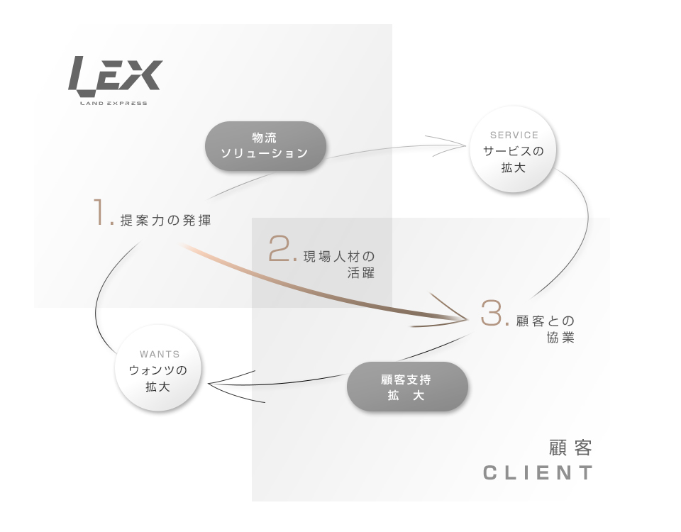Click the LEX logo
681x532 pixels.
115,77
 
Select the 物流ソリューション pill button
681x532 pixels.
265,146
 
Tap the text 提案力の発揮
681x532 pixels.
166,221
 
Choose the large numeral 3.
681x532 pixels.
493,314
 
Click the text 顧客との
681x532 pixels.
545,321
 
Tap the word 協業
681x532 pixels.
556,338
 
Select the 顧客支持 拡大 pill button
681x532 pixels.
407,387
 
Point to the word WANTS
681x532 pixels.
160,354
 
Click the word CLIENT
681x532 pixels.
538,473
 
